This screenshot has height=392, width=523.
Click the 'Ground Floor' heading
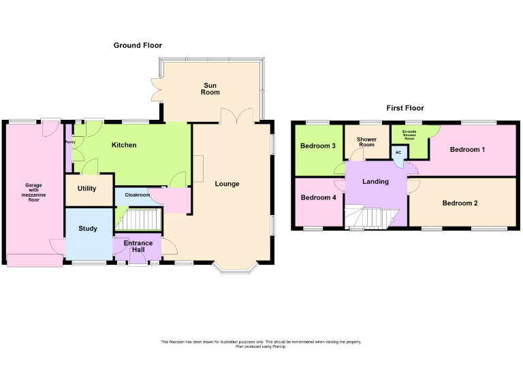pos(138,46)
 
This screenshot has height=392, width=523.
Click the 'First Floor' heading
pos(405,108)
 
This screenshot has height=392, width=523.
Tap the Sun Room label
pos(210,89)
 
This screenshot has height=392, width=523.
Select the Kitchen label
pos(124,145)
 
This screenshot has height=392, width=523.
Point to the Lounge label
pos(227,184)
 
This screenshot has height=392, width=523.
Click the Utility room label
pos(86,189)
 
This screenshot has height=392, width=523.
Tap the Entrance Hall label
pos(138,246)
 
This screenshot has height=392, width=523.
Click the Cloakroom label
pos(138,195)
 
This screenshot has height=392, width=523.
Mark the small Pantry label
pos(69,142)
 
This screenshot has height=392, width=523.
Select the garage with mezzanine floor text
pos(33,192)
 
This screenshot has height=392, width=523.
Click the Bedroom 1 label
pos(468,149)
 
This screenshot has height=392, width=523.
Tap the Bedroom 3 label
pos(318,146)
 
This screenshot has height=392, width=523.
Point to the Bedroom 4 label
pos(318,198)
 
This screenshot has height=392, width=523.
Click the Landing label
pos(375,182)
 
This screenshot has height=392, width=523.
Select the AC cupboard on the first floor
pos(398,153)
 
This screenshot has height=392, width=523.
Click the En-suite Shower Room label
pos(409,134)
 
